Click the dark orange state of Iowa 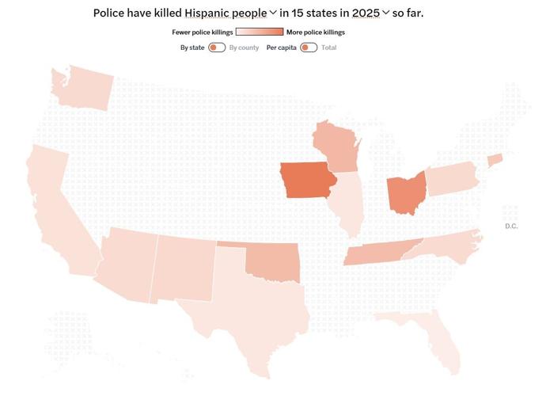click(306, 181)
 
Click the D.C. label click(511, 227)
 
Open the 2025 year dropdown click(369, 13)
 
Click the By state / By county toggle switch click(217, 48)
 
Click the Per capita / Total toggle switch click(309, 48)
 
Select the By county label click(244, 48)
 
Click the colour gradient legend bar click(259, 32)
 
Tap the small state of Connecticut click(494, 160)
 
